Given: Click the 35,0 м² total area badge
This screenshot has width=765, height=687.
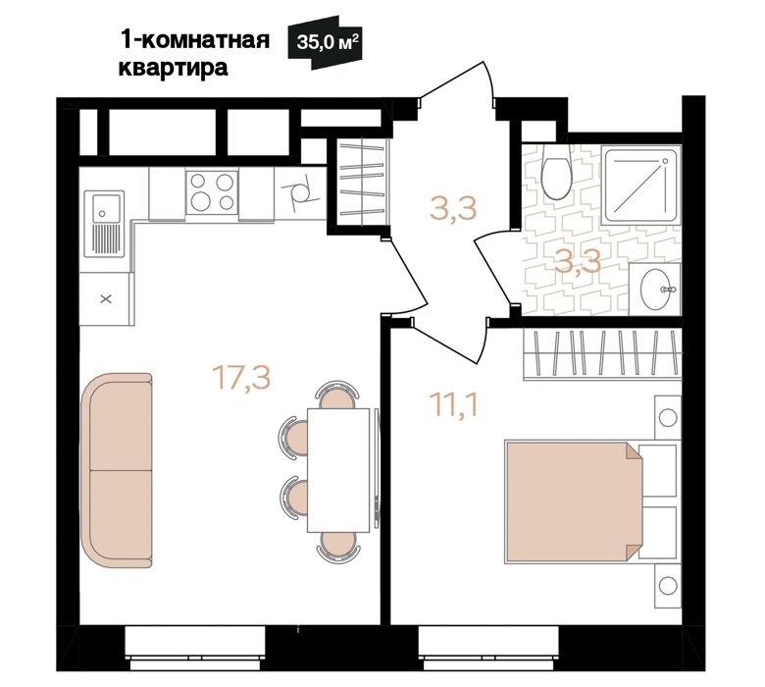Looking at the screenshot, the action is tap(325, 42).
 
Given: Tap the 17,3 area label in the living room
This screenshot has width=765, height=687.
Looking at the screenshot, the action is tap(241, 378).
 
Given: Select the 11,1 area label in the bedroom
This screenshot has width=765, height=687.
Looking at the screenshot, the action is tap(454, 405).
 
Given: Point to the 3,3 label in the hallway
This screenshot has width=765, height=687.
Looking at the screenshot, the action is tap(453, 208).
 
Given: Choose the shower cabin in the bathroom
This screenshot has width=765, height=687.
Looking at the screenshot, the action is tap(641, 185).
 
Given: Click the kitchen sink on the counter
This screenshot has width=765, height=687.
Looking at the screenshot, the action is tap(104, 223).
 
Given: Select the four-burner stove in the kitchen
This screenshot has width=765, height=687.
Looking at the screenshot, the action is tap(212, 192).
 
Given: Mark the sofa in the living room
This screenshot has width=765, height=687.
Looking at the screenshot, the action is tap(117, 471).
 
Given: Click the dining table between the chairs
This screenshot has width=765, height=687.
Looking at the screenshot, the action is tap(338, 470).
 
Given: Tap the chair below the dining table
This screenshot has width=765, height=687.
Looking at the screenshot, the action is tap(338, 547).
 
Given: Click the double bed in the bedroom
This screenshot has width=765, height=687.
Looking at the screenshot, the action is tap(574, 502).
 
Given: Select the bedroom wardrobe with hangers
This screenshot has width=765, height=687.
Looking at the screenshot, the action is tap(602, 353).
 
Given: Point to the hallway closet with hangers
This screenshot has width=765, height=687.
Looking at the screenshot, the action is tap(362, 183).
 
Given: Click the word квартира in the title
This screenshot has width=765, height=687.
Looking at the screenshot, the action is tap(174, 69).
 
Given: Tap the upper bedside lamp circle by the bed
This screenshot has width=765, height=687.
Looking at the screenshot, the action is tap(668, 417).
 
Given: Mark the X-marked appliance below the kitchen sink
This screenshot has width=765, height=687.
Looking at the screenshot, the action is tap(106, 298).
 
